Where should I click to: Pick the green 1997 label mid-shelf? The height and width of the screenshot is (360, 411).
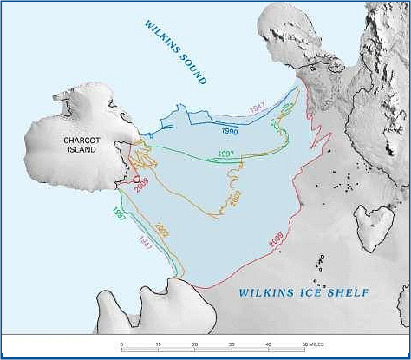[x=226, y=154]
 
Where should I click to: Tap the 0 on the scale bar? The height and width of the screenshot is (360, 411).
[x=121, y=345]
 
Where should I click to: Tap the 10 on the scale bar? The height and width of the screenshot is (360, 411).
[x=158, y=345]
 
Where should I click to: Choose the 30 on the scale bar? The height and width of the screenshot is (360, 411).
[x=231, y=345]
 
